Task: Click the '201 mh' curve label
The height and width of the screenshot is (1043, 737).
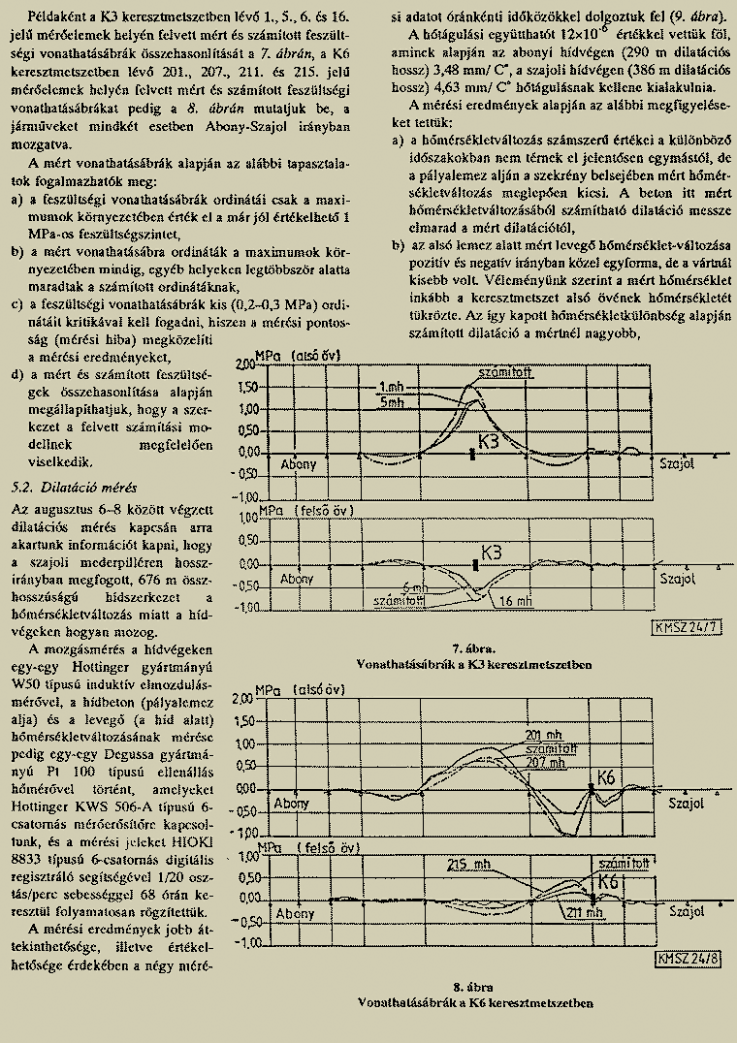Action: [x=542, y=735]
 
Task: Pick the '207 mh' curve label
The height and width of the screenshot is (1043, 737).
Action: [x=546, y=762]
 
